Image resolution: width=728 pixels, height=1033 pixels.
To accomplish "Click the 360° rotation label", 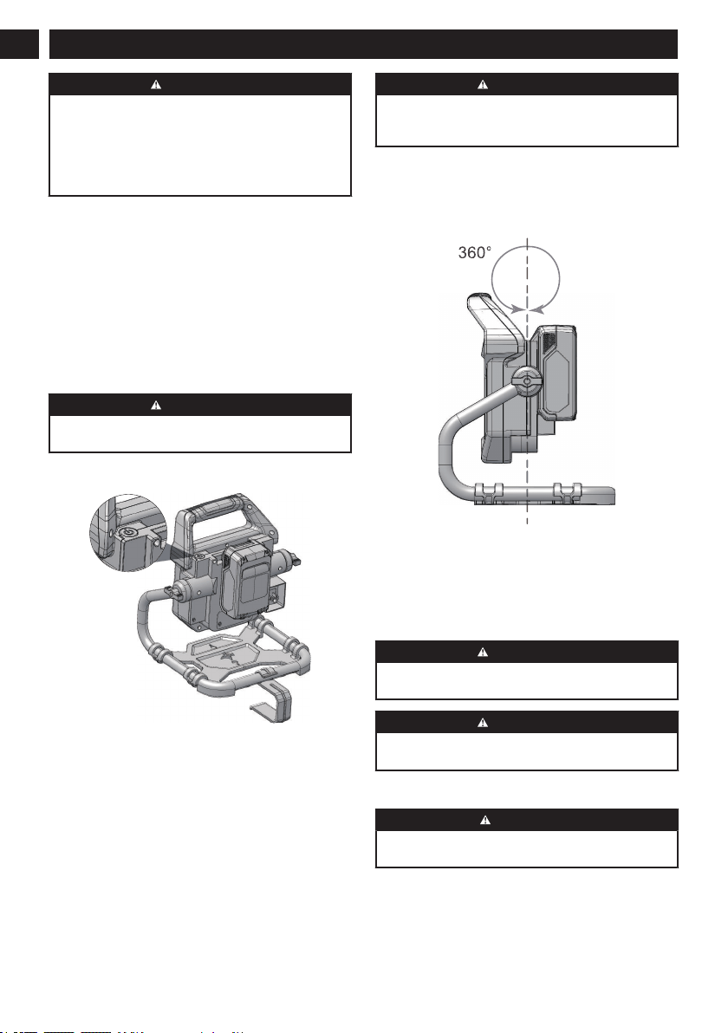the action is (x=474, y=252).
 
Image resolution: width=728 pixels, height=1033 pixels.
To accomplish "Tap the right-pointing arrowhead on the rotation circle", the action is (x=517, y=308).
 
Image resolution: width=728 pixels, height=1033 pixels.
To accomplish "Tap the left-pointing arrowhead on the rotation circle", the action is (x=536, y=308).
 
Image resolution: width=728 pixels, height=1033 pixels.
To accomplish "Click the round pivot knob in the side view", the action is (x=527, y=381).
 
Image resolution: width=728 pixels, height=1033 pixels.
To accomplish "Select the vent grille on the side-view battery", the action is (x=546, y=342).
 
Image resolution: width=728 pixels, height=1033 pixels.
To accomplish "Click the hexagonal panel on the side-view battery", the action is (x=557, y=382).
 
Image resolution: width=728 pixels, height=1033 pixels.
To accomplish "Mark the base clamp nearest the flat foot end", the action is (x=568, y=491).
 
